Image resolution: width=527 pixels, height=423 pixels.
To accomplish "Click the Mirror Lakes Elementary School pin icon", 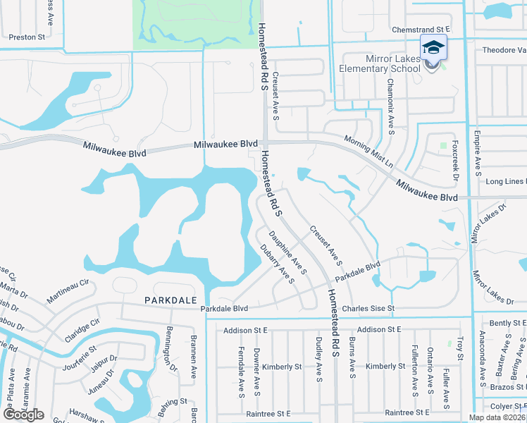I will click(433, 49).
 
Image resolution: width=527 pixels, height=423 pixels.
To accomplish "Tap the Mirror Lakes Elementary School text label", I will click(380, 63).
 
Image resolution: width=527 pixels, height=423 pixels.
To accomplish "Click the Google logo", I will click(23, 415).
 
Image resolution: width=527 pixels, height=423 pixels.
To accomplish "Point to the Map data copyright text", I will click(497, 417).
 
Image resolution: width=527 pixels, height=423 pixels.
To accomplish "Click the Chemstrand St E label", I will click(421, 30).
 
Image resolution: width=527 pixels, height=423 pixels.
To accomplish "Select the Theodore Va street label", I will click(504, 51).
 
